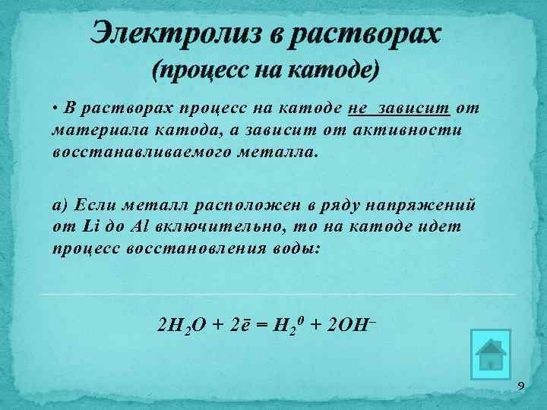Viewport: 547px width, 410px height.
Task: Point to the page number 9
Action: point(520,387)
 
